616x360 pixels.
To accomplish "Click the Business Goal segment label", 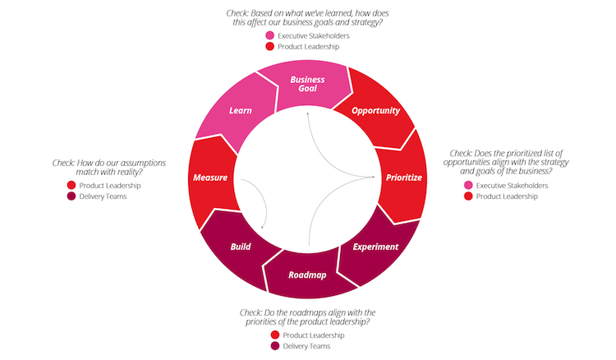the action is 307,84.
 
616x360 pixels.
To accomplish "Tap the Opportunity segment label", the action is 375,111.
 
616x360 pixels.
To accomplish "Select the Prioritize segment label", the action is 404,178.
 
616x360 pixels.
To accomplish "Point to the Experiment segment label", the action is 375,247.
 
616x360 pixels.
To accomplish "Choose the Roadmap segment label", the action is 307,275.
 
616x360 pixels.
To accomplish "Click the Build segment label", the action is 241,247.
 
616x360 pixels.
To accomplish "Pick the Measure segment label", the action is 210,178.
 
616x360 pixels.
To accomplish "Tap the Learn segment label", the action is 241,111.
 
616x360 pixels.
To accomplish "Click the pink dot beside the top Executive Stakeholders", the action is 270,35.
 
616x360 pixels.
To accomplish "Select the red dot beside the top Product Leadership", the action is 270,46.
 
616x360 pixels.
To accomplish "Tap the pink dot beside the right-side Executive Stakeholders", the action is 468,185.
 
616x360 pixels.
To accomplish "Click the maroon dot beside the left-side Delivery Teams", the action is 71,196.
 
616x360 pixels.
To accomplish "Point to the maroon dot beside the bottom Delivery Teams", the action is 275,346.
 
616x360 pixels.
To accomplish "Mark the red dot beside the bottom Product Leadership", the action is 275,335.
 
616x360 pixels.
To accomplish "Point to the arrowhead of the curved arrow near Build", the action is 262,227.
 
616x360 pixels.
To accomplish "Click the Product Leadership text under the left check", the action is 110,186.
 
